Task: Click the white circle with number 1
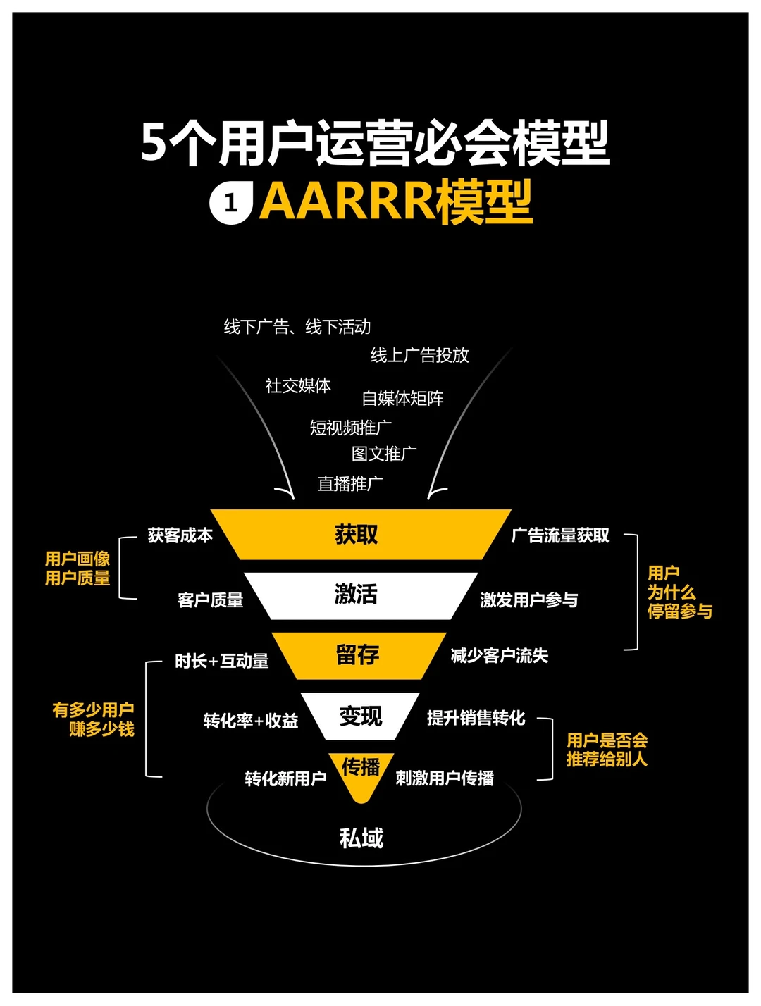[230, 204]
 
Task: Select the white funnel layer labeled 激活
[357, 595]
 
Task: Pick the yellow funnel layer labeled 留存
[358, 655]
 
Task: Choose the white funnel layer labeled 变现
[360, 716]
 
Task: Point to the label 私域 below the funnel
[361, 838]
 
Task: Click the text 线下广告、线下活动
[297, 327]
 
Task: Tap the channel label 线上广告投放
[420, 355]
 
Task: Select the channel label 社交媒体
[298, 385]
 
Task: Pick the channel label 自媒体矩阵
[402, 399]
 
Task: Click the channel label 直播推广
[350, 484]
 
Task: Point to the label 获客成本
[180, 535]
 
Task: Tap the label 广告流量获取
[560, 535]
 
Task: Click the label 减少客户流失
[500, 656]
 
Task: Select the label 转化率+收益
[251, 721]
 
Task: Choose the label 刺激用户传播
[445, 778]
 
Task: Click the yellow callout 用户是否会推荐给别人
[607, 750]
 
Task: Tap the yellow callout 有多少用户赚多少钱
[94, 719]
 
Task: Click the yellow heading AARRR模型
[396, 202]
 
